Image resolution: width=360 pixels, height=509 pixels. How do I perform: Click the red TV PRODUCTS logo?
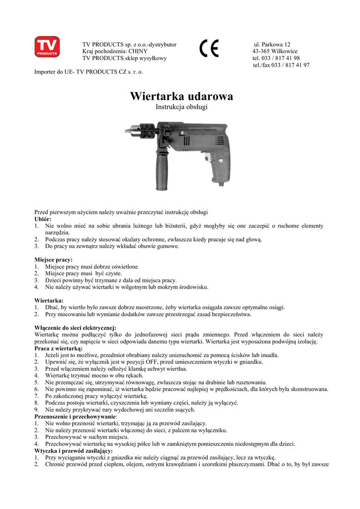click(47, 46)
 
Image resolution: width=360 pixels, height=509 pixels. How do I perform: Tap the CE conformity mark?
click(209, 49)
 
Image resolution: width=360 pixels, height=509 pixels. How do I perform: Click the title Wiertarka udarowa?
click(181, 96)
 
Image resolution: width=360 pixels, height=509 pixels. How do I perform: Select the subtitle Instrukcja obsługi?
click(181, 107)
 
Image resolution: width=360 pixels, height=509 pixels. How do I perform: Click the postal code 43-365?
click(261, 51)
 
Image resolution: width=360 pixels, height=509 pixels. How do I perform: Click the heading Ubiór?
click(43, 219)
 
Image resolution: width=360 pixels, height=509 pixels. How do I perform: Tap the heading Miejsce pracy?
click(53, 259)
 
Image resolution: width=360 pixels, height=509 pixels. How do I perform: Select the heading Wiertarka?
click(49, 300)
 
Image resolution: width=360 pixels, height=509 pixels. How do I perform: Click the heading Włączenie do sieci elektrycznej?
click(75, 328)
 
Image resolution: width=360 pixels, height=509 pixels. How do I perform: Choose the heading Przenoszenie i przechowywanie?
click(75, 416)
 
